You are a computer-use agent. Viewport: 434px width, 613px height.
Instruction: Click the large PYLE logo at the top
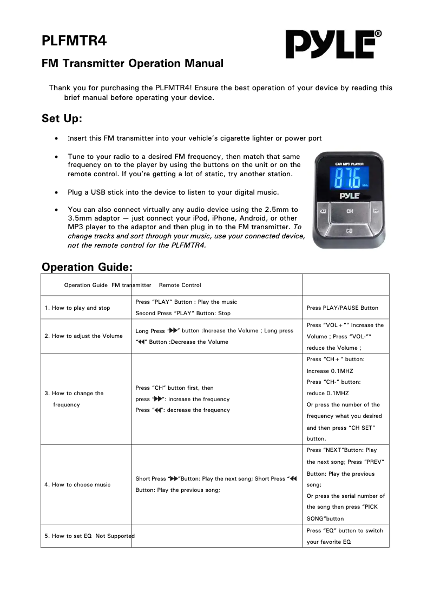331,44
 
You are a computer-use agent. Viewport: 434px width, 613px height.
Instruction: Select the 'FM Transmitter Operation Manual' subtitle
133,63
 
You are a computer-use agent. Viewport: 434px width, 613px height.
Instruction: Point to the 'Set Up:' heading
62,118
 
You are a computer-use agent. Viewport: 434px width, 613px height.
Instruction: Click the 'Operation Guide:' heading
87,267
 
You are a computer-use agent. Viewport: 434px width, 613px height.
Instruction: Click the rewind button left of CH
323,211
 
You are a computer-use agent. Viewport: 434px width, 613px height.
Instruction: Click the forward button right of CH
376,211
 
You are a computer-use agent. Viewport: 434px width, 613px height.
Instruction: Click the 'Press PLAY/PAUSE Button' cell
342,308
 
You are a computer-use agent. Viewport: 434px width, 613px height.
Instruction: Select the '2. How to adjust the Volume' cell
84,336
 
